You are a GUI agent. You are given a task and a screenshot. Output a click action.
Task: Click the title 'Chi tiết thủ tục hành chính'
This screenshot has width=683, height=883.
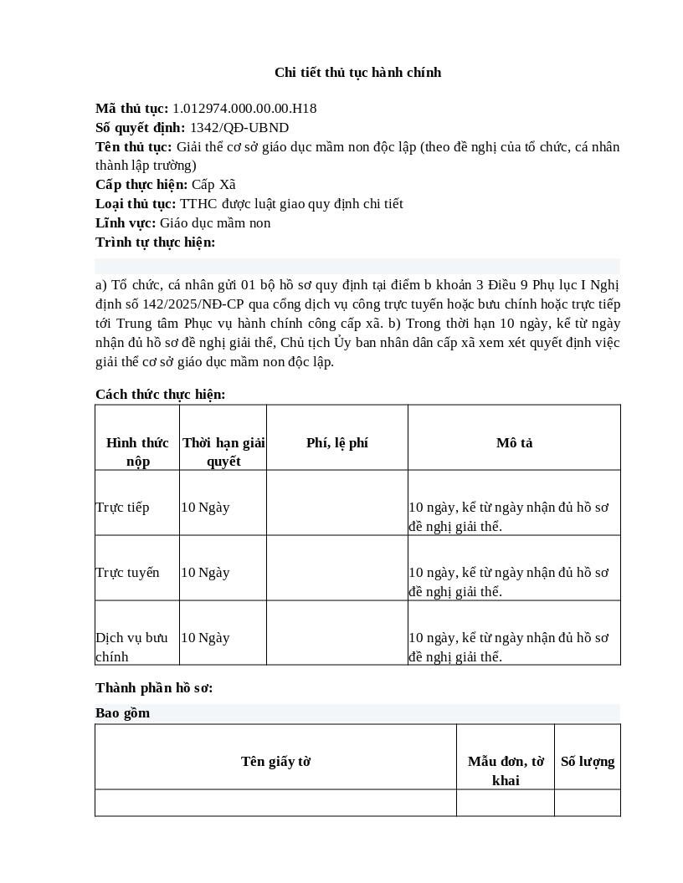pyautogui.click(x=357, y=73)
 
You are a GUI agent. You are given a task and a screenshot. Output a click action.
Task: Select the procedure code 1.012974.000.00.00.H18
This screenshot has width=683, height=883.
pyautogui.click(x=244, y=109)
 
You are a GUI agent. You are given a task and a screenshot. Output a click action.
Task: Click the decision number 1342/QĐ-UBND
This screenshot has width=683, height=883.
pyautogui.click(x=239, y=128)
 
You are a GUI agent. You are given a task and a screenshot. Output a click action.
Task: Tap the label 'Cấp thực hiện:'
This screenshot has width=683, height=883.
pyautogui.click(x=141, y=185)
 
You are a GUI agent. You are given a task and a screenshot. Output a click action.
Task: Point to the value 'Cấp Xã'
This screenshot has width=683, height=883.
pyautogui.click(x=213, y=185)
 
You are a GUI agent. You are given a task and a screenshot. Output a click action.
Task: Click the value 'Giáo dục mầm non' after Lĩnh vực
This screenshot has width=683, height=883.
pyautogui.click(x=215, y=223)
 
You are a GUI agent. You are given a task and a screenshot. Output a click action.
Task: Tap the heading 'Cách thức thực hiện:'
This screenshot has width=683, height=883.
pyautogui.click(x=160, y=395)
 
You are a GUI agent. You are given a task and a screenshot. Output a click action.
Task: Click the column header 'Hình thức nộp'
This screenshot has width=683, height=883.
pyautogui.click(x=137, y=452)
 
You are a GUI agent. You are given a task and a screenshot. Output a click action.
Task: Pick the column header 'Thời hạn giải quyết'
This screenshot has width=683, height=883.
pyautogui.click(x=223, y=452)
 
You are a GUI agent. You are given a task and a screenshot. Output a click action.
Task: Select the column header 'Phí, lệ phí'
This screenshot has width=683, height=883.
pyautogui.click(x=336, y=443)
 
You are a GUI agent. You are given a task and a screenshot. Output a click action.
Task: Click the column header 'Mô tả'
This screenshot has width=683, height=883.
pyautogui.click(x=514, y=443)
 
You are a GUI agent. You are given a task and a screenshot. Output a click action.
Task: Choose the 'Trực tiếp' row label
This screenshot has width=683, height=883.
pyautogui.click(x=122, y=508)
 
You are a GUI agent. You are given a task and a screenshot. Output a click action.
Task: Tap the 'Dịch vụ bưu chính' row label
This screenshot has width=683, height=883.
pyautogui.click(x=131, y=646)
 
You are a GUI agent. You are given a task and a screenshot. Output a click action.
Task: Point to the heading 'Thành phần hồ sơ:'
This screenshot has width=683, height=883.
pyautogui.click(x=154, y=688)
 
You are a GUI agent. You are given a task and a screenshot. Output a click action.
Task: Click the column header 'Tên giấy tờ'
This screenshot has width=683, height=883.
pyautogui.click(x=275, y=762)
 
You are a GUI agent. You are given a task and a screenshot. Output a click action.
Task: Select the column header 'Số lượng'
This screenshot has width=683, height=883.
pyautogui.click(x=587, y=762)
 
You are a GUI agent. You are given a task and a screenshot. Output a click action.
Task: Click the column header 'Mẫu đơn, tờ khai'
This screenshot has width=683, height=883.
pyautogui.click(x=506, y=770)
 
